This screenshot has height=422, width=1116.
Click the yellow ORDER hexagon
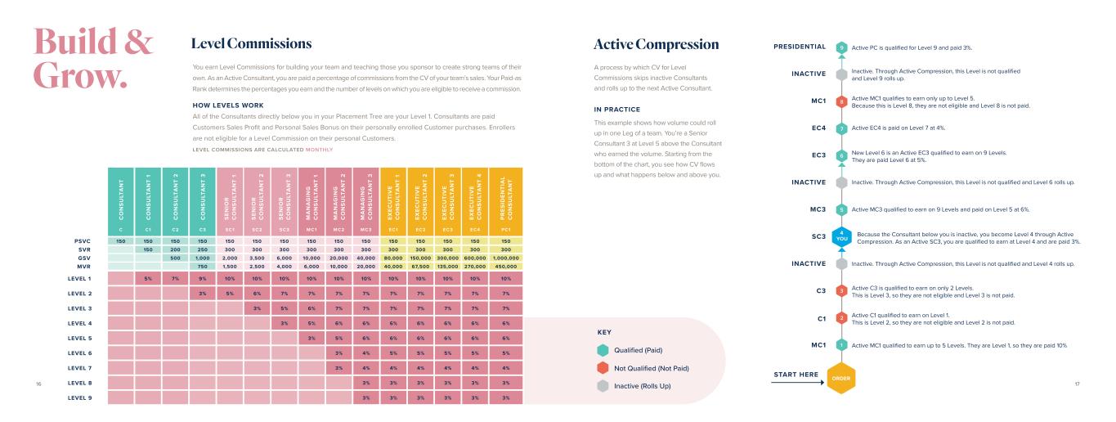[841, 379]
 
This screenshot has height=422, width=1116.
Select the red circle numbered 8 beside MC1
[841, 101]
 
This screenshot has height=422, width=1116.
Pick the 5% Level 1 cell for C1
[148, 279]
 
